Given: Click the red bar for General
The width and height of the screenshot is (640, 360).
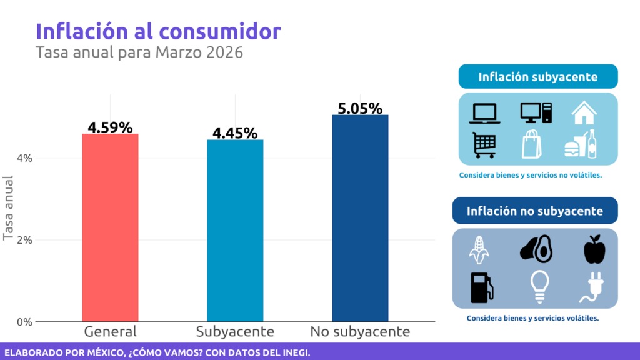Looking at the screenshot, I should point(111,227).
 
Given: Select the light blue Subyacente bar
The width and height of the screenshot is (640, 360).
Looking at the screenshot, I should point(235,231).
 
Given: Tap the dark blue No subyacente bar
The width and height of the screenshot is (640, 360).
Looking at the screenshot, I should point(360,218).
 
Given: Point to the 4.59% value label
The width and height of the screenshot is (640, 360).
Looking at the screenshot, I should point(111,127).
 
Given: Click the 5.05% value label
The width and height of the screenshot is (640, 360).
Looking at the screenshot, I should point(360,108).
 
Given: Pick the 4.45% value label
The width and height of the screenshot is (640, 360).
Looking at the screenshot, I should point(235,133).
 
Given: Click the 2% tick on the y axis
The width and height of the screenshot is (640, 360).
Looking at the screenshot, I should point(24,240).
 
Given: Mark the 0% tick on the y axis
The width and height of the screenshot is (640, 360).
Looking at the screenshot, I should point(24,322).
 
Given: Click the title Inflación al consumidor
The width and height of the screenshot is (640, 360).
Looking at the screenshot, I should point(158,31).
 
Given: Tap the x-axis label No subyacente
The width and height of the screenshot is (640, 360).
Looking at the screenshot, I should point(360,331).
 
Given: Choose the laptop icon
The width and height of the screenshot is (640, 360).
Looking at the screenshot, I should point(485,113).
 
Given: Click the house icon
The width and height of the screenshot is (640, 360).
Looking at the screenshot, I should point(584,112).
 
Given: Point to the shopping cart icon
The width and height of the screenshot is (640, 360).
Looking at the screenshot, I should point(484,145).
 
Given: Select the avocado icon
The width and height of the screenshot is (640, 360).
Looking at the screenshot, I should point(536,249).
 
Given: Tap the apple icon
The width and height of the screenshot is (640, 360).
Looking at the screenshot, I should point(594,249).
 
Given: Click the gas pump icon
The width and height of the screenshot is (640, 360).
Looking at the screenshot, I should point(482,287).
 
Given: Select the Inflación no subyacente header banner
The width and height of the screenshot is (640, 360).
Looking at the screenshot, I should point(534,211).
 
